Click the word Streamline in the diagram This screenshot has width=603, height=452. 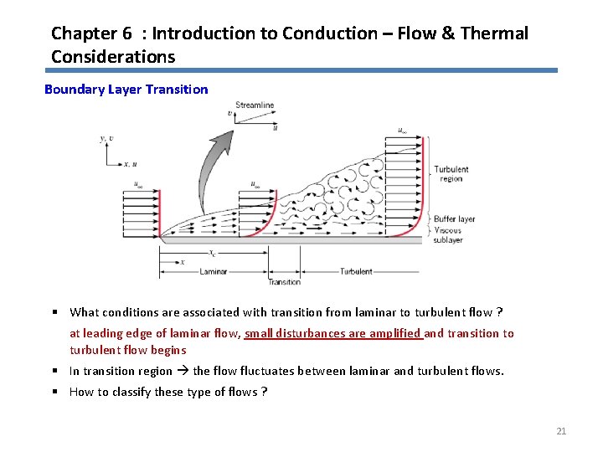tap(255, 105)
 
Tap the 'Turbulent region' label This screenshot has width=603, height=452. tap(451, 174)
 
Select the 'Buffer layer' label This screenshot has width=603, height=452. tap(454, 219)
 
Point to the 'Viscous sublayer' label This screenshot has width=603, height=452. tap(448, 234)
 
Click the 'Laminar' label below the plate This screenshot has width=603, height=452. tap(214, 271)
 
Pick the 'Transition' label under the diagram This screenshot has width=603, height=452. tap(285, 282)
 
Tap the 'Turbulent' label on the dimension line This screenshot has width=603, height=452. tap(357, 271)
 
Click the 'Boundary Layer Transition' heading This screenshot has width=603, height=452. tap(126, 89)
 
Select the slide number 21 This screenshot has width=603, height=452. tap(561, 431)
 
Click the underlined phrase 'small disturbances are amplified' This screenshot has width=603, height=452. tap(332, 333)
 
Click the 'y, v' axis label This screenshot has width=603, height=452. tap(106, 139)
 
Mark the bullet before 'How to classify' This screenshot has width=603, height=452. tap(54, 392)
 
